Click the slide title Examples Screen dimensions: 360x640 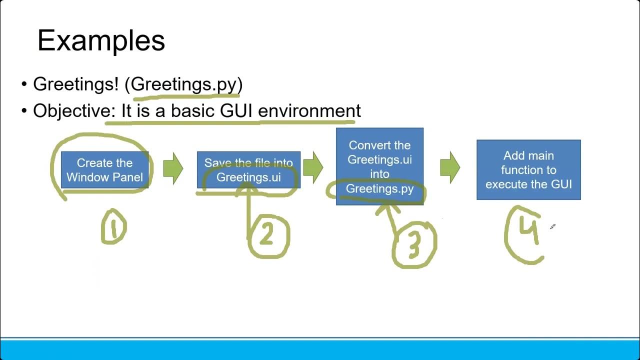pos(101,41)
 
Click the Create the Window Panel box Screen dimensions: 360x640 pos(104,170)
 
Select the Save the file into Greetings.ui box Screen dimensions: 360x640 pos(248,170)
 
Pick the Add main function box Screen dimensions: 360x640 pos(528,170)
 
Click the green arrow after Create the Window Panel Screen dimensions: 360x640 pos(173,168)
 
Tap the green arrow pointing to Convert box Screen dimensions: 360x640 pos(313,168)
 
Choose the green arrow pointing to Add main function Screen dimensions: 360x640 pos(450,168)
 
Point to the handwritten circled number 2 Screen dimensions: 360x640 pos(267,235)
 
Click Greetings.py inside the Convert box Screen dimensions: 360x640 pos(379,189)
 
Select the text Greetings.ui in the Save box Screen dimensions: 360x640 pos(248,177)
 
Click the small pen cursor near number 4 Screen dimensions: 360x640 pos(552,227)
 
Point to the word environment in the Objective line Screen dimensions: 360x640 pos(309,110)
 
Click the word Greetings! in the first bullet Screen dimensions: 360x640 pos(75,84)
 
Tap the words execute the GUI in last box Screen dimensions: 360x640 pos(528,184)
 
